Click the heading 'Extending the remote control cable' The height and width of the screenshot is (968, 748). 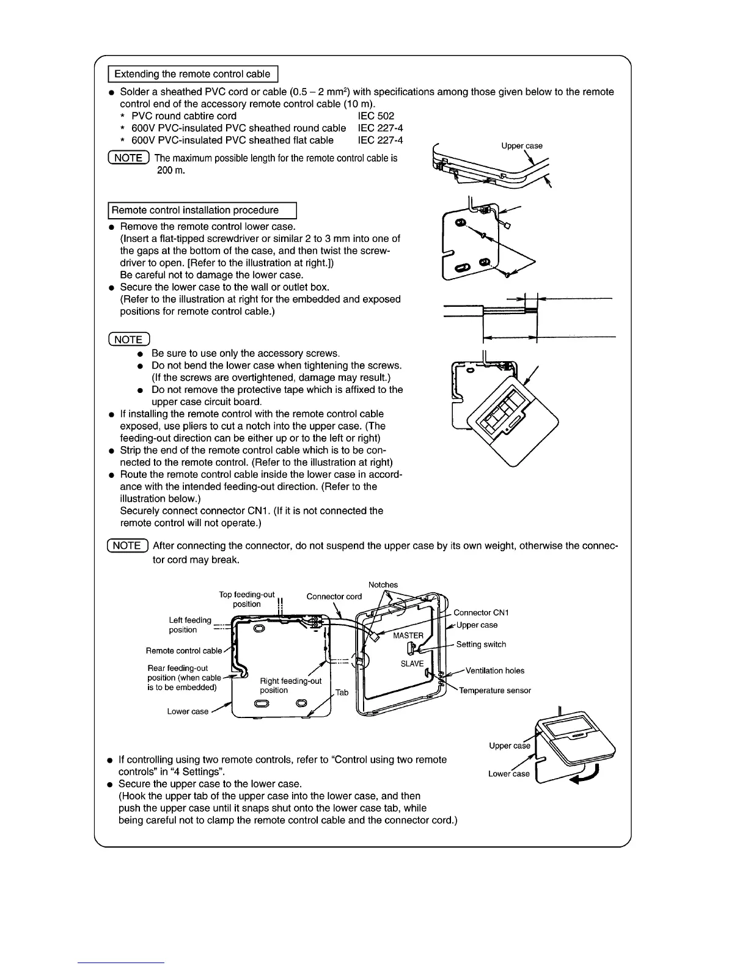coord(193,74)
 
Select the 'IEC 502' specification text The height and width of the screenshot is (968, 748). coord(376,116)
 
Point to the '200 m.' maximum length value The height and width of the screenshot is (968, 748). coord(171,170)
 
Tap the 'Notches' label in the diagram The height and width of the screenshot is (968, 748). coord(383,585)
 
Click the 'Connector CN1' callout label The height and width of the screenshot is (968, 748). coord(481,612)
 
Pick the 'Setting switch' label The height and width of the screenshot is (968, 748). coord(481,644)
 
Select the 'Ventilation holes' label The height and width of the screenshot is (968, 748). coord(494,670)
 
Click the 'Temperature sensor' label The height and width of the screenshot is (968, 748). coord(494,691)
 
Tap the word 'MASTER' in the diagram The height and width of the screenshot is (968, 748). coord(408,636)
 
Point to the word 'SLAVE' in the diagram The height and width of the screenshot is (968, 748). coord(412,664)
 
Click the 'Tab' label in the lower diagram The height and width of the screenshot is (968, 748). coord(342,692)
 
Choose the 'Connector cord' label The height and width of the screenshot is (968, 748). coord(334,596)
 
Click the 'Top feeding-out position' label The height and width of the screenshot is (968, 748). coord(247,599)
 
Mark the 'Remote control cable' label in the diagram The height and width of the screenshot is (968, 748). coord(184,651)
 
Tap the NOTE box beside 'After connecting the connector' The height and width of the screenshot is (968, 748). coord(127,546)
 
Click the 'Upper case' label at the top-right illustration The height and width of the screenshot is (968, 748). coord(521,146)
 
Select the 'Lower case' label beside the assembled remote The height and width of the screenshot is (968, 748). coord(508,774)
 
